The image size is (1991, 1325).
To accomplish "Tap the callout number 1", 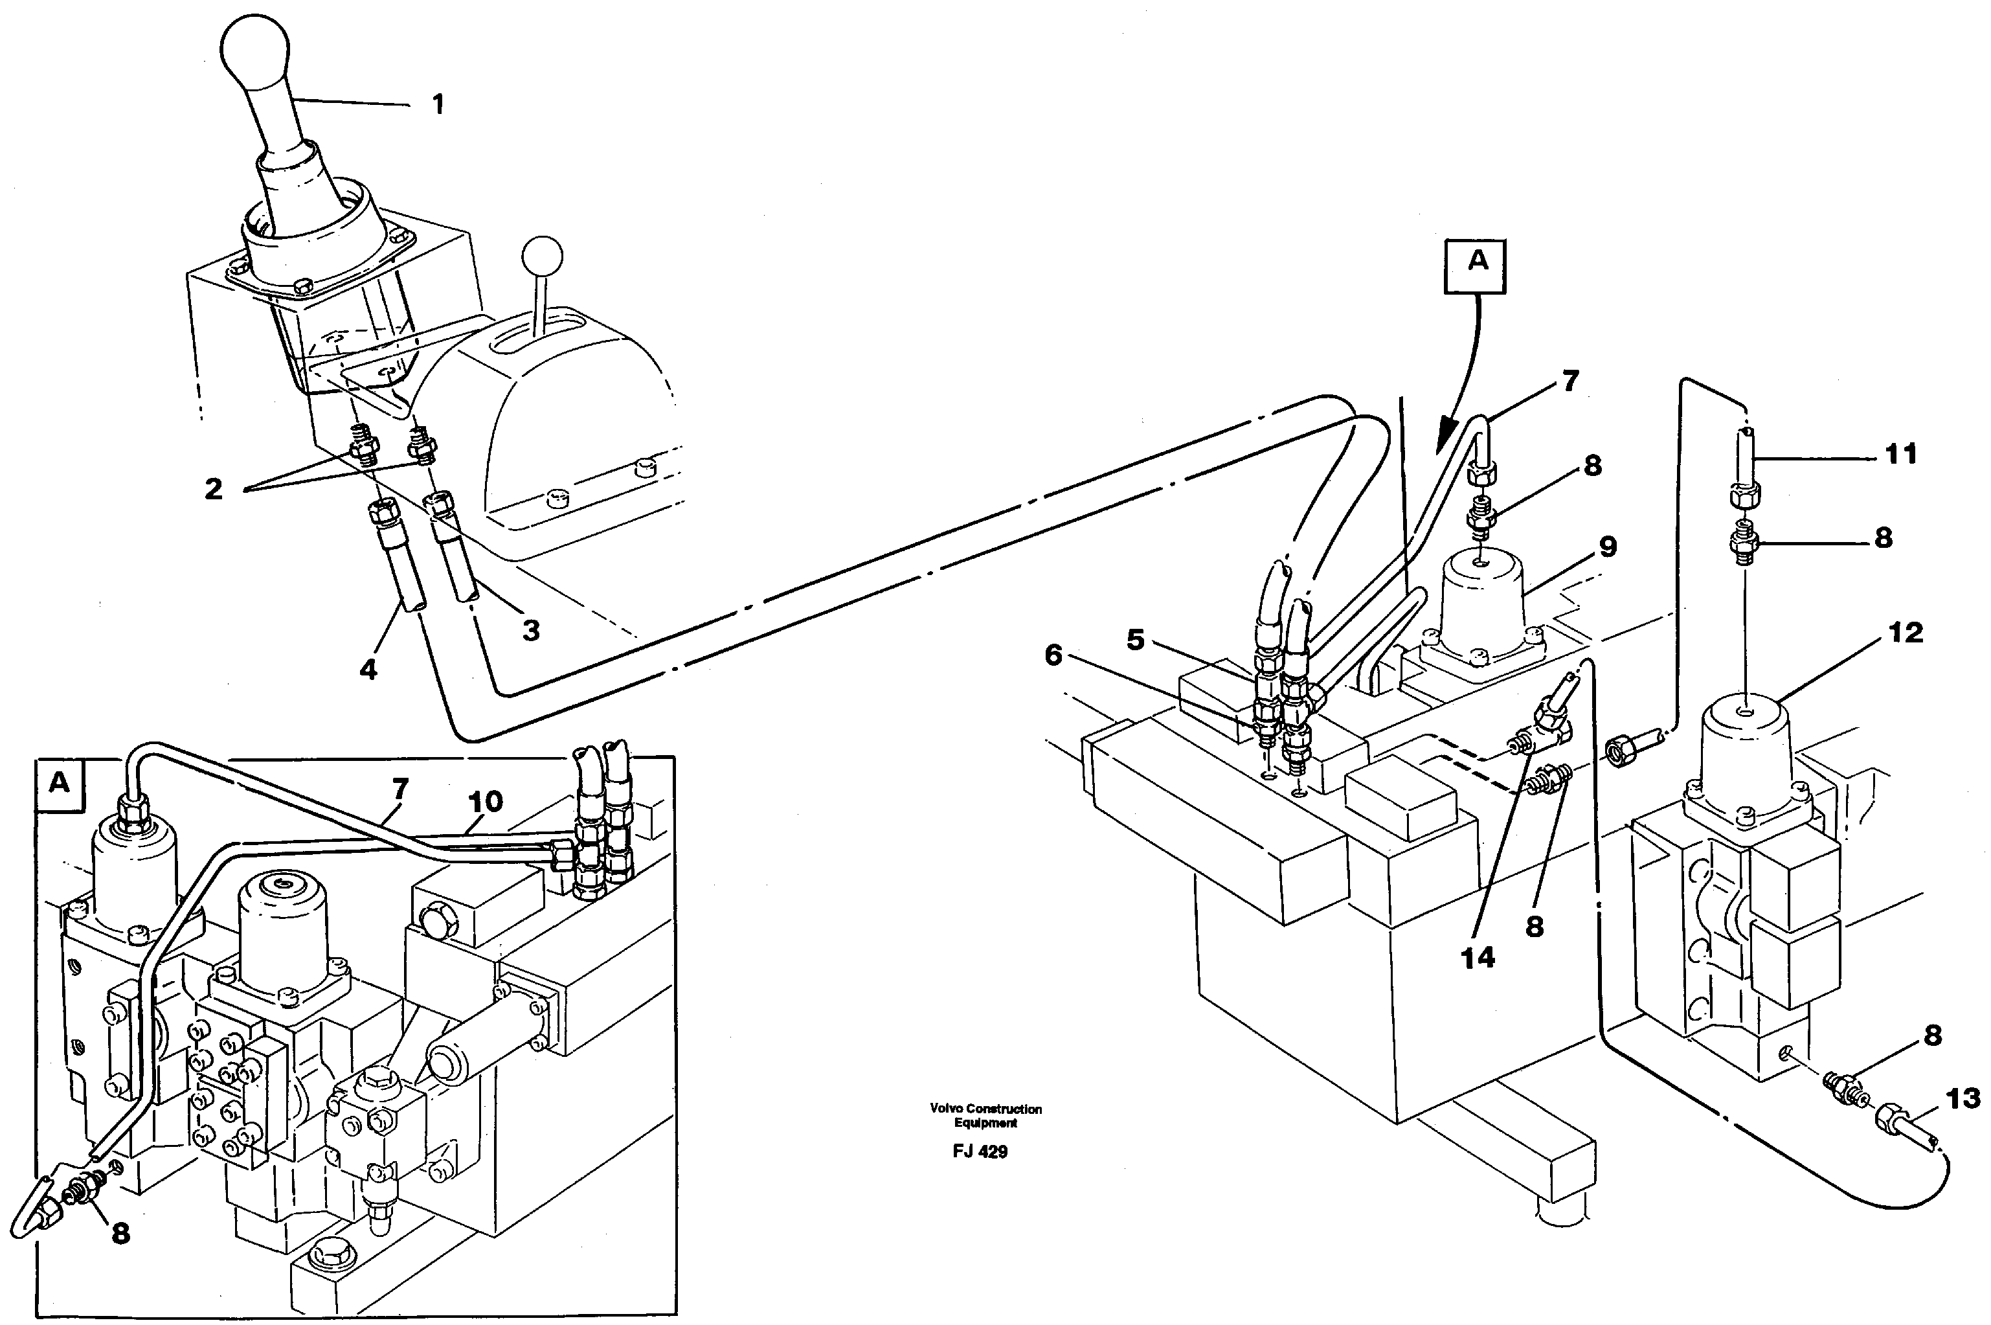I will (x=436, y=105).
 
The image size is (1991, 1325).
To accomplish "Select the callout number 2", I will (x=214, y=488).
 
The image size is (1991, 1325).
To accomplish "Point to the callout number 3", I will (x=530, y=630).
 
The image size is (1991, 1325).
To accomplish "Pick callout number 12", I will (x=1905, y=632).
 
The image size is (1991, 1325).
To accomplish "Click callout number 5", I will (x=1135, y=640).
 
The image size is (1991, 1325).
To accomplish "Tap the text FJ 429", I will (x=980, y=1152).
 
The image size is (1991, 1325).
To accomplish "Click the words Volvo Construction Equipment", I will (x=985, y=1115).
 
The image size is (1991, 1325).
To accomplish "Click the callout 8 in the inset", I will (x=121, y=1234).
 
